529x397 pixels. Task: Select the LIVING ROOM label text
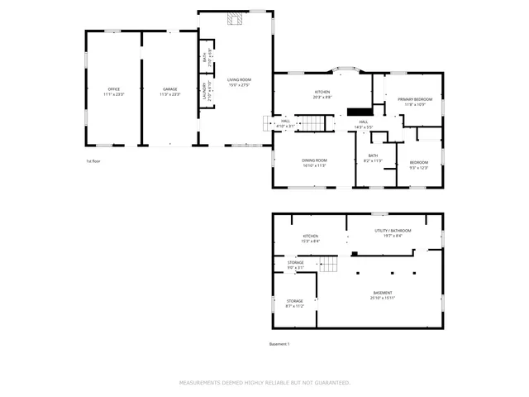[x=239, y=79]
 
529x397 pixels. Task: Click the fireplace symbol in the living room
[x=236, y=19]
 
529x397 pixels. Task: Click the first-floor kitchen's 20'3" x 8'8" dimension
[x=322, y=98]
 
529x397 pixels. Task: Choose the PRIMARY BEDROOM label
[x=415, y=99]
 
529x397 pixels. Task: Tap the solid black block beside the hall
[x=358, y=112]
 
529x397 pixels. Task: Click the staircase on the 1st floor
[x=313, y=123]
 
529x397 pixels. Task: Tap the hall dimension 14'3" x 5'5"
[x=364, y=127]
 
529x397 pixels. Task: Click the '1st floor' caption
[x=94, y=161]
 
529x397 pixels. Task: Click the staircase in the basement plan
[x=330, y=264]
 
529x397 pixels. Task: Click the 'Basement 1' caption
[x=280, y=344]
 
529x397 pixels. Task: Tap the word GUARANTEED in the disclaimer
[x=331, y=383]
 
